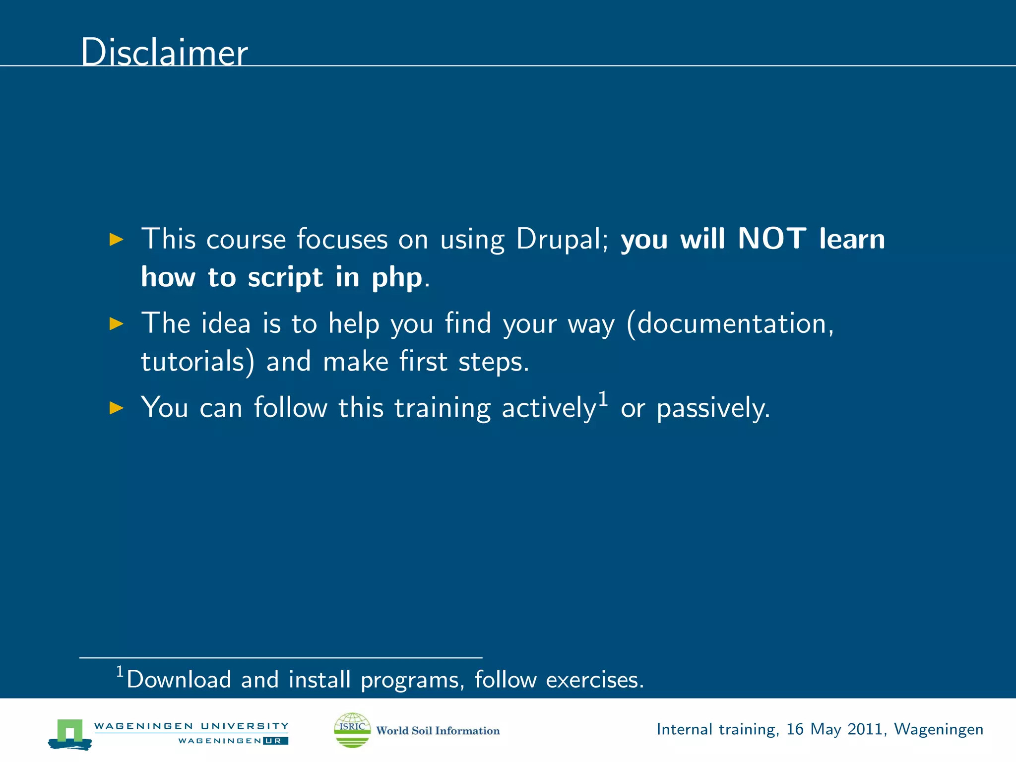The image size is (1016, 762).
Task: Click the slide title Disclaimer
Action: [164, 52]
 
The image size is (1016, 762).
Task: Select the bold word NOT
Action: [772, 239]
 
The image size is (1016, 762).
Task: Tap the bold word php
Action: [397, 278]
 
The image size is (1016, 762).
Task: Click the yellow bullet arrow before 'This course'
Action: [116, 240]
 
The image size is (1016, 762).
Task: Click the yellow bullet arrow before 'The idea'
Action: [116, 324]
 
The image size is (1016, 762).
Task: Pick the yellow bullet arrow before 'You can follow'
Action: [116, 408]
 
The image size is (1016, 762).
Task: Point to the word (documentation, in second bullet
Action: [730, 324]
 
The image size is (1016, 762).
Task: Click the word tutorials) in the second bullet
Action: [197, 362]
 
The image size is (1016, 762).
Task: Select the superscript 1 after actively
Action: [603, 398]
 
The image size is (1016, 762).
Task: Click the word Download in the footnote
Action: [179, 680]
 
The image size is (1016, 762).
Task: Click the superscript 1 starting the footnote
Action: [120, 672]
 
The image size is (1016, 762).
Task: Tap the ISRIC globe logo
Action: [352, 730]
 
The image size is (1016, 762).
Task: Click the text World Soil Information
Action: [438, 731]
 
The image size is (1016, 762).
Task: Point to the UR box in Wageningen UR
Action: [275, 741]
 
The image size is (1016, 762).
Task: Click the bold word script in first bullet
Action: [285, 278]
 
